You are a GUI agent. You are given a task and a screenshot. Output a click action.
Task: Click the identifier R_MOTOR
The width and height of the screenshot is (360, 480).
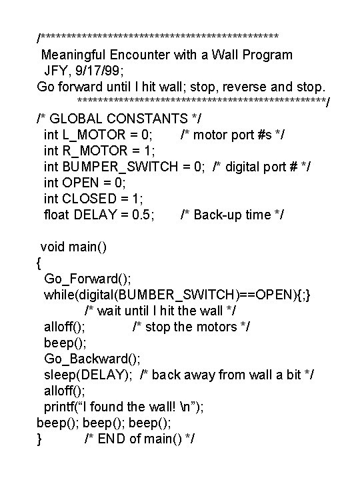point(89,150)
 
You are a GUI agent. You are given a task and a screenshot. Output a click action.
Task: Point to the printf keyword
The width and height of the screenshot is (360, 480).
point(58,406)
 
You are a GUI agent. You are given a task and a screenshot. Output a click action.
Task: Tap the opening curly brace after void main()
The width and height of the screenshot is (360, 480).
point(39,262)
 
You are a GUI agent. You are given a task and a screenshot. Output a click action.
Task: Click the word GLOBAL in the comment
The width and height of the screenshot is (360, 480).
point(77,118)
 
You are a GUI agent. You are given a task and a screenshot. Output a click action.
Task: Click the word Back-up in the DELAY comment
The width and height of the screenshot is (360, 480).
point(219,214)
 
